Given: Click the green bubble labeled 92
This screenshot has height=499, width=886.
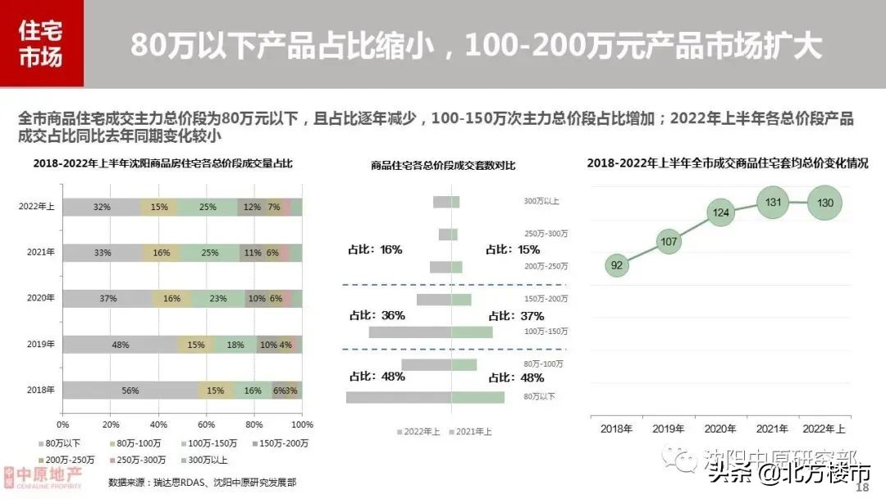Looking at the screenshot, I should coord(617,265).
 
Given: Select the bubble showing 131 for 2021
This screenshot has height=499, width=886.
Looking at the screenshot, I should coord(772,202).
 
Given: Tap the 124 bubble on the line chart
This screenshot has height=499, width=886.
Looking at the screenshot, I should coord(721,213).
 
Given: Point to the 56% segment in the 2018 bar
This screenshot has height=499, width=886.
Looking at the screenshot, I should coord(130,391).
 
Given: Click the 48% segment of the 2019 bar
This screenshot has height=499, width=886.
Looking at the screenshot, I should coord(121,345).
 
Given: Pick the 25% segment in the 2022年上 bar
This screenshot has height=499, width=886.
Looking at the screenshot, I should coord(208,207).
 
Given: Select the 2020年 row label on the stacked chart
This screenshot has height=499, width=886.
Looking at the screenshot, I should coord(41,299).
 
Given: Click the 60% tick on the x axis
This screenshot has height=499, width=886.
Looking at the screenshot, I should coord(206,424).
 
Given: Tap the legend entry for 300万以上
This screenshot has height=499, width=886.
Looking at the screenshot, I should coord(206,460).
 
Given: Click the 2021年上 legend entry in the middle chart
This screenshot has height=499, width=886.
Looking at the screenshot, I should coord(473,431).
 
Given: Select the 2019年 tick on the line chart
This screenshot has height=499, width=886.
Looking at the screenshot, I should coord(669,428).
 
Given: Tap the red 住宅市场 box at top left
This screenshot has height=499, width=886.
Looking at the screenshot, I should coord(41,43).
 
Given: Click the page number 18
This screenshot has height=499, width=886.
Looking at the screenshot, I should coord(861,488).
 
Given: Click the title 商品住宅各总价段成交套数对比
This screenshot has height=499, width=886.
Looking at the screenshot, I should coord(443,167).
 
